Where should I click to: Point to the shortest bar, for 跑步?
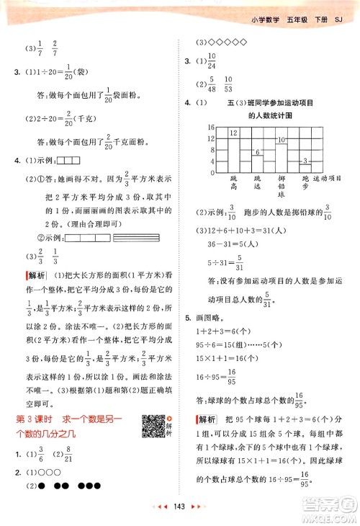click(x=305, y=166)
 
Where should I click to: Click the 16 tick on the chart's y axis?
click(x=211, y=128)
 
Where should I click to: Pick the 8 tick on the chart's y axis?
click(x=211, y=150)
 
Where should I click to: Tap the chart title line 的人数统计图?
click(x=271, y=115)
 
